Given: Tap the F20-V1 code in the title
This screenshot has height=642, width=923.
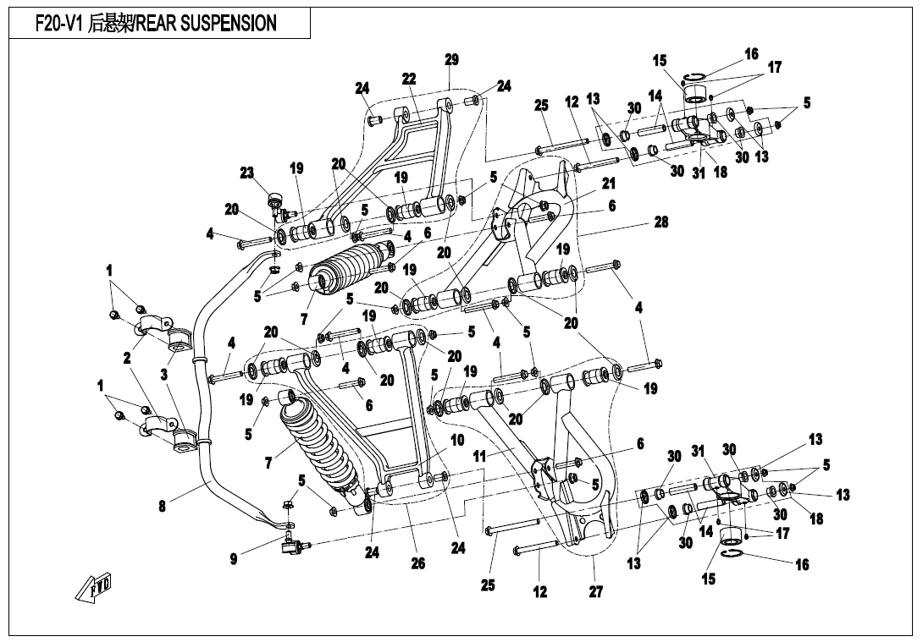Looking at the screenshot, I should (x=60, y=24).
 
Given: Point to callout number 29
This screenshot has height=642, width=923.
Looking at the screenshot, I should (x=451, y=59).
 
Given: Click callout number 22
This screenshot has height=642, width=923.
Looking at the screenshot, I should (x=409, y=79).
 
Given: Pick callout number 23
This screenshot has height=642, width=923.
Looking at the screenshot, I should (x=246, y=173).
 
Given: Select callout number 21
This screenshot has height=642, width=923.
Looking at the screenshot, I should (x=608, y=183).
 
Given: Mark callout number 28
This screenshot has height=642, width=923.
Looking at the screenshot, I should (x=661, y=222).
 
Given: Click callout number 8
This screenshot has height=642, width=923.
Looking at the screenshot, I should (x=162, y=507).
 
